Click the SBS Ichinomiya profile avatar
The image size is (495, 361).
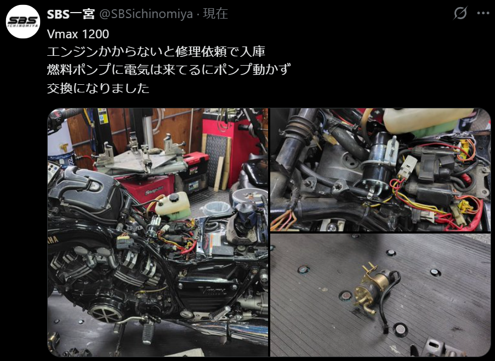pos(23,22)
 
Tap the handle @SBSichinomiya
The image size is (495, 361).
pos(146,14)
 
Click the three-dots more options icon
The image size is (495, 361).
pos(483,13)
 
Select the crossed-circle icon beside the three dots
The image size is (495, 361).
pos(460,13)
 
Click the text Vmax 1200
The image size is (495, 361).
pos(78,34)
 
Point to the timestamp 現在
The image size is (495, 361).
pos(215,14)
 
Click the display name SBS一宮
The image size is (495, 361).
pos(71,14)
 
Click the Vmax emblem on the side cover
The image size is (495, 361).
pos(213,290)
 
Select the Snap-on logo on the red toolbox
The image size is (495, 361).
pos(154,190)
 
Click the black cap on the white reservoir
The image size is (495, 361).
pos(174,198)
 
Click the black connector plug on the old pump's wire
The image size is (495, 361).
pos(386,330)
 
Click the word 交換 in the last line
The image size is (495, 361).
pos(60,88)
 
